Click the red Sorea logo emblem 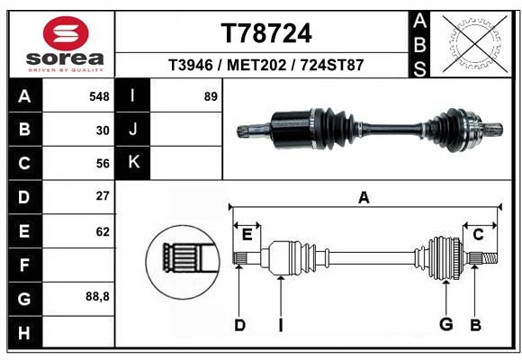tap(66, 33)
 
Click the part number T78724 tap(266, 33)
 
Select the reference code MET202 tap(256, 65)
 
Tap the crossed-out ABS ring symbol tap(475, 44)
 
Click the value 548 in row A tap(99, 96)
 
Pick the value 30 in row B tap(103, 130)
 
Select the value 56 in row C tap(103, 164)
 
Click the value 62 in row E tap(103, 232)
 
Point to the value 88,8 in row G tap(97, 296)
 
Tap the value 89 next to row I tap(211, 96)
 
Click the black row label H tap(25, 333)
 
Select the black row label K tap(133, 163)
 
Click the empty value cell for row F tap(78, 265)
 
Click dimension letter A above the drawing tap(364, 198)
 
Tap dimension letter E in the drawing tap(247, 235)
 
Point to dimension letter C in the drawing tap(478, 235)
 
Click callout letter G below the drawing tap(446, 324)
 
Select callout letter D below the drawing tap(239, 325)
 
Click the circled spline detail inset tap(183, 262)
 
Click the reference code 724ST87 tap(332, 65)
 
